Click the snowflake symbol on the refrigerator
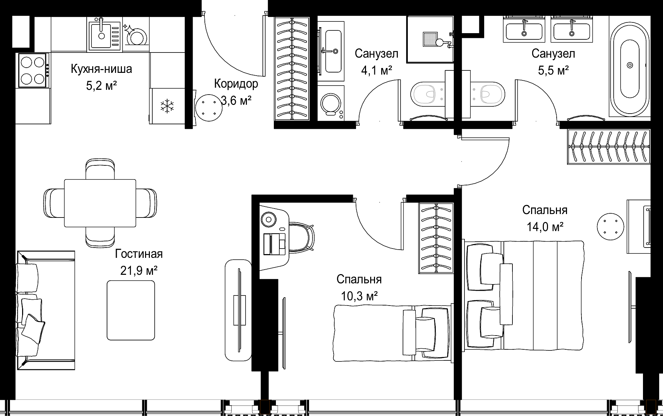(167, 106)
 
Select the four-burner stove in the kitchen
(33, 70)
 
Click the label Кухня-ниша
(101, 69)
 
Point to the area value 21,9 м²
(139, 270)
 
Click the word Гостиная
(139, 254)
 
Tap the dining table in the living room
(100, 203)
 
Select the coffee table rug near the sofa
(131, 310)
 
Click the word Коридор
(236, 84)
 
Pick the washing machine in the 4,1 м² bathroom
(331, 103)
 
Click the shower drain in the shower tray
(430, 39)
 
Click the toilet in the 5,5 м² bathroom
(488, 94)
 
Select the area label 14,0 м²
(545, 227)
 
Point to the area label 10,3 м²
(359, 296)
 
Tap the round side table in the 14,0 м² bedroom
(611, 226)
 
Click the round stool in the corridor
(209, 108)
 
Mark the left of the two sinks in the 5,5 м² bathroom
(524, 29)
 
